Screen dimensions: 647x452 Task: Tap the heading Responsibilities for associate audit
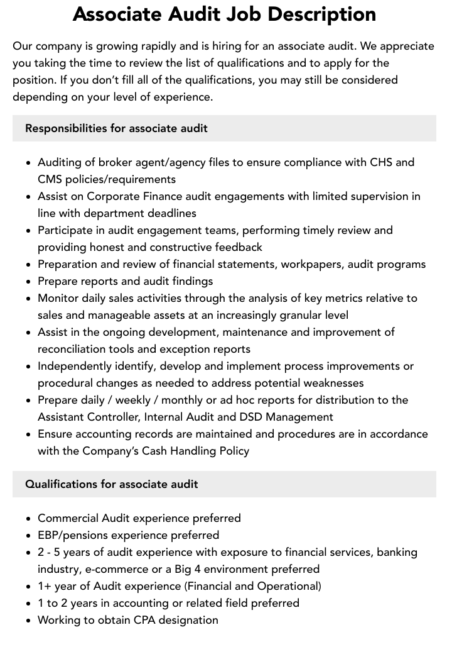[116, 128]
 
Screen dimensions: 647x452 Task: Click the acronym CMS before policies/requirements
[52, 179]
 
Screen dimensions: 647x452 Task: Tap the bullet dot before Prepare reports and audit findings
[29, 282]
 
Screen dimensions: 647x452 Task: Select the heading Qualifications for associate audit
[112, 484]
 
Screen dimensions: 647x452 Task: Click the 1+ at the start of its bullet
[45, 587]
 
